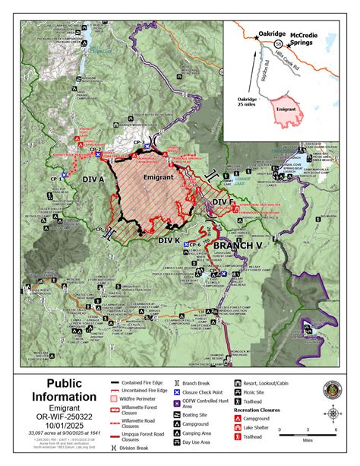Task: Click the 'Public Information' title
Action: click(x=65, y=392)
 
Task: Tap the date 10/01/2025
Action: click(x=65, y=426)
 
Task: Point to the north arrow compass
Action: click(x=330, y=415)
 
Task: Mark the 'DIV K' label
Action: click(x=168, y=239)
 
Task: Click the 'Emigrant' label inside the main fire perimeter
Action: click(x=155, y=176)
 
